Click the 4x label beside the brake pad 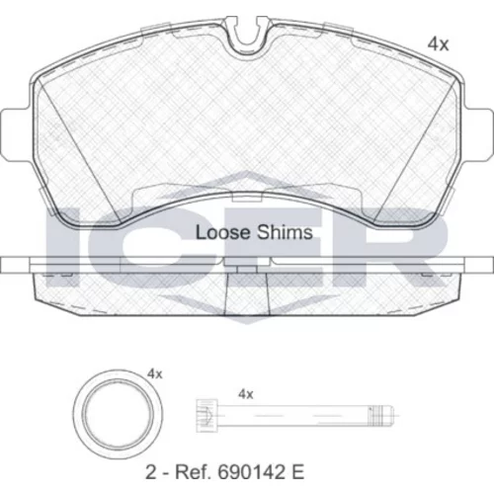(438, 44)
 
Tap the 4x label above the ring (155, 374)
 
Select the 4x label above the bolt (246, 394)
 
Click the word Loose (223, 232)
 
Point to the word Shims (285, 232)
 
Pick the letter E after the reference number (297, 472)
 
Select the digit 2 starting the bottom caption (150, 472)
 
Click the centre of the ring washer (118, 414)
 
